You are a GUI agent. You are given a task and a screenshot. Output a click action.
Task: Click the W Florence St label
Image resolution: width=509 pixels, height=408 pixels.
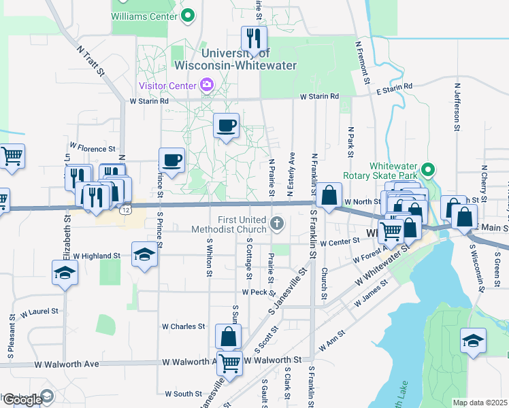(93, 148)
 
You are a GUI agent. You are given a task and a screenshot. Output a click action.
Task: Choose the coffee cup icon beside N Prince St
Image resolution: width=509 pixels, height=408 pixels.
(172, 160)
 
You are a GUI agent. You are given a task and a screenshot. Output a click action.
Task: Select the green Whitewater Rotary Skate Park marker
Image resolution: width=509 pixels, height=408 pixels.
(428, 169)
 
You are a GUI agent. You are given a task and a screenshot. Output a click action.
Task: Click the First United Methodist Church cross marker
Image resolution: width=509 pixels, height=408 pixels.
(276, 223)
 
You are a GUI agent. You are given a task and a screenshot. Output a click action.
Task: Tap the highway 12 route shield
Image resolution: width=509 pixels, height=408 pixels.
(126, 211)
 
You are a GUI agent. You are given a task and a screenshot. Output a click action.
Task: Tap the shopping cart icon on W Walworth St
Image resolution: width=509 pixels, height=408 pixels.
(229, 363)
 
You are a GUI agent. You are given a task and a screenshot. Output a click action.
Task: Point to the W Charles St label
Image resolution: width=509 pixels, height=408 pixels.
(183, 326)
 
